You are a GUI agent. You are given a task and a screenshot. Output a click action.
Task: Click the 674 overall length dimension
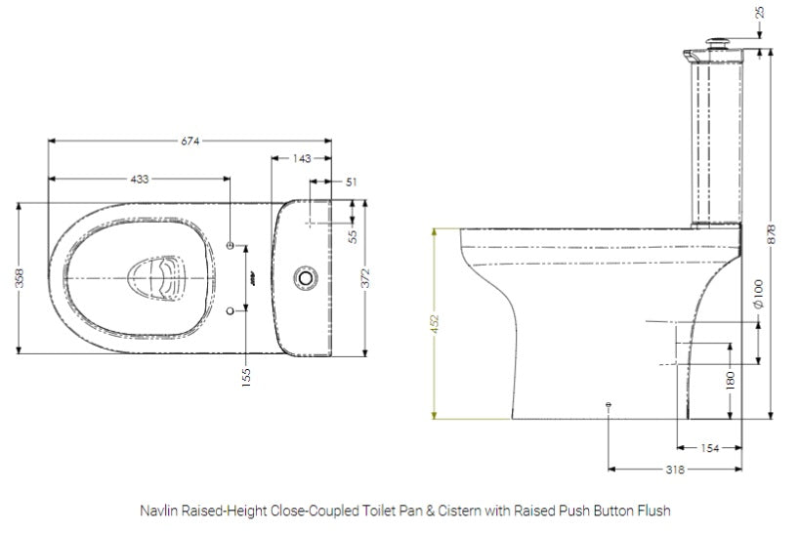point(189,142)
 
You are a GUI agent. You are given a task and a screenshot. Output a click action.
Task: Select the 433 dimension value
point(139,180)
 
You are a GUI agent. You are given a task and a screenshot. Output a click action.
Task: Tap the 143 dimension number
point(302,158)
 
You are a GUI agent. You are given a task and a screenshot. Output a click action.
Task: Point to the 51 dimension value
point(351,181)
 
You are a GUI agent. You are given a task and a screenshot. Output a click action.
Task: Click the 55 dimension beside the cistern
point(353,234)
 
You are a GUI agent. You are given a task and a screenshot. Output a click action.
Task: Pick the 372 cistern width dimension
point(364,277)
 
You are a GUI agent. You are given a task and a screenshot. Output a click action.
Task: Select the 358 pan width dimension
point(20,278)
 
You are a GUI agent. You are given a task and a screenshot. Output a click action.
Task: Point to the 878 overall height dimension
point(772,230)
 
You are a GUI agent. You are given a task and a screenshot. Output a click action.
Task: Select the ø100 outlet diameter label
point(759,293)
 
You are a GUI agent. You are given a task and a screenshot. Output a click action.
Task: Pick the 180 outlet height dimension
point(730,379)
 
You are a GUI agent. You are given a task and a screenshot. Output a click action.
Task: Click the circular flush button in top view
point(307,278)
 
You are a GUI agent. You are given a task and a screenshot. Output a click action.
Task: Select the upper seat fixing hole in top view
point(231,245)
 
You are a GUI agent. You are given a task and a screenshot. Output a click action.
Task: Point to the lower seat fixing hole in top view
point(231,310)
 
